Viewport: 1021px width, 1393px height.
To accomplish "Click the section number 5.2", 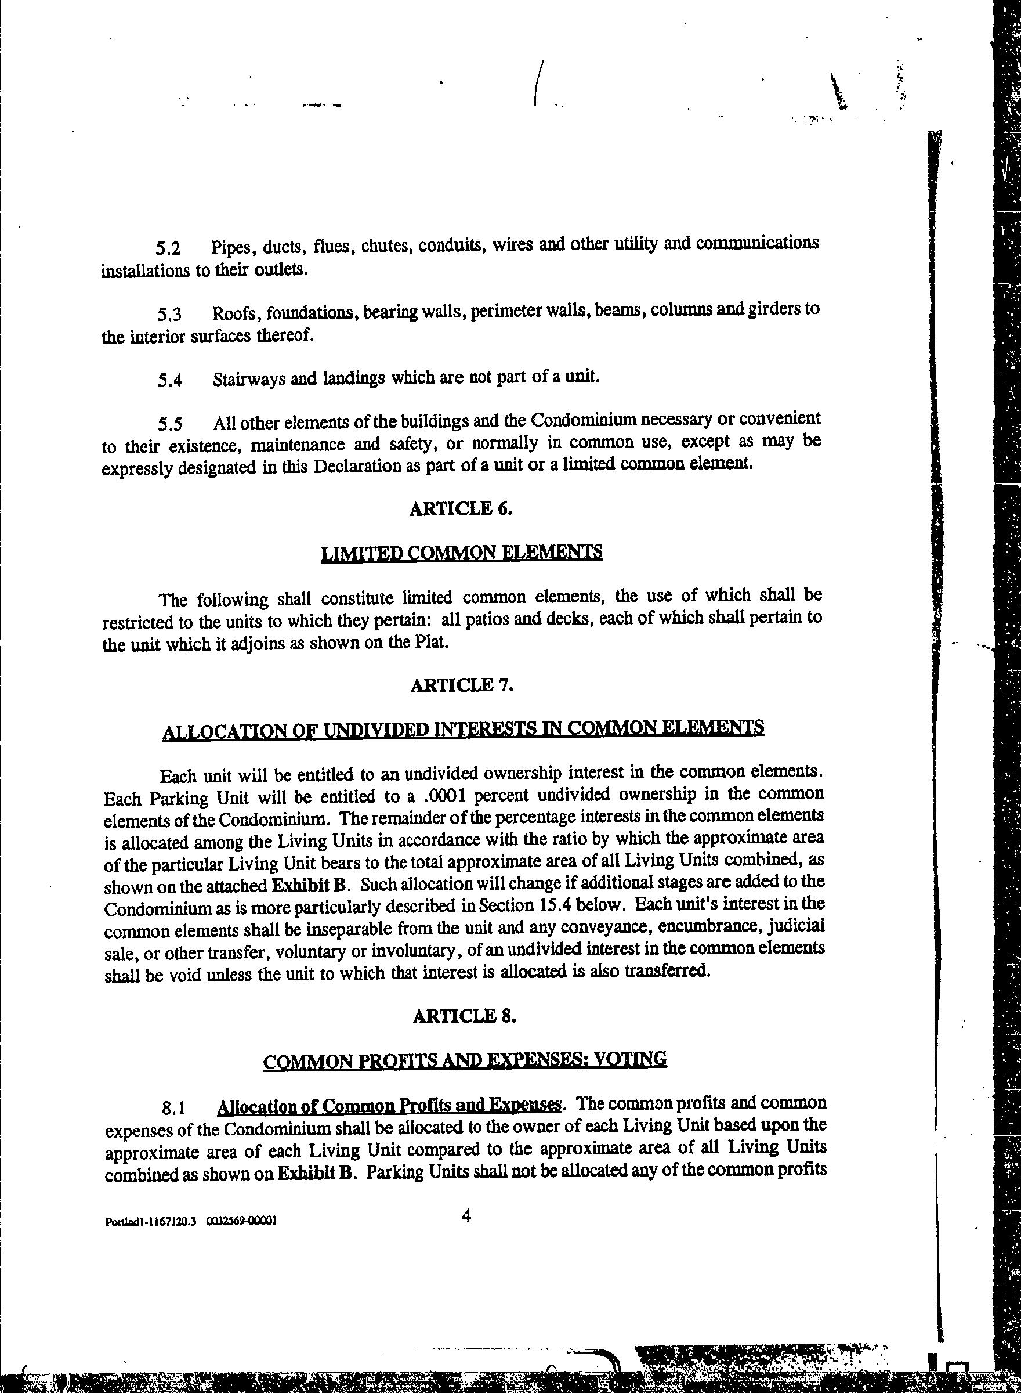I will click(168, 248).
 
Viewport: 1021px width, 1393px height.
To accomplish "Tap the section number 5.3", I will click(169, 315).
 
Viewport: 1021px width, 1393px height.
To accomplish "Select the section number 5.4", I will click(169, 380).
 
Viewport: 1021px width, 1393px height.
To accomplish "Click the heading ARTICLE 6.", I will click(461, 508).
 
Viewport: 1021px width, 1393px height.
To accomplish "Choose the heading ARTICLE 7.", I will click(462, 685).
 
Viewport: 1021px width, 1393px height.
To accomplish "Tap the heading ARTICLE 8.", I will click(464, 1016).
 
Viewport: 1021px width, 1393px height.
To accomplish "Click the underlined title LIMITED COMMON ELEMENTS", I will click(462, 552).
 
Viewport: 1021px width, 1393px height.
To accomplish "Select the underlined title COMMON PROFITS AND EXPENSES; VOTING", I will click(465, 1060).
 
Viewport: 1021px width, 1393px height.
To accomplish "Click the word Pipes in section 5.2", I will click(233, 247).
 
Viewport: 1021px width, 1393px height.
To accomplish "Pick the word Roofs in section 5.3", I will click(234, 313).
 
